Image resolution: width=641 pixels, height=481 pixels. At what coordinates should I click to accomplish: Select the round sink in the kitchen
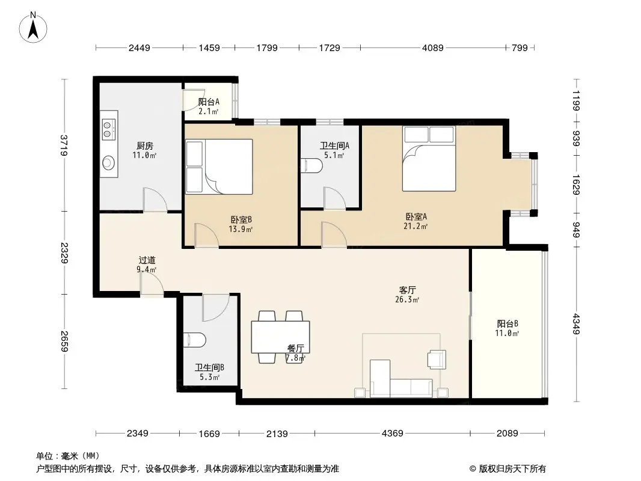tap(109, 162)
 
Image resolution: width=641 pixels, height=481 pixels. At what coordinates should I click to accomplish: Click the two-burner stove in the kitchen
tap(109, 127)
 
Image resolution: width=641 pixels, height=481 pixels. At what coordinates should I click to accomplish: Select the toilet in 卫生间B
tap(195, 340)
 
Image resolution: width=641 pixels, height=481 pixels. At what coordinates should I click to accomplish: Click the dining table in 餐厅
tap(280, 337)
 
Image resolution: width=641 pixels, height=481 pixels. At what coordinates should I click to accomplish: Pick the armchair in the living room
tap(437, 359)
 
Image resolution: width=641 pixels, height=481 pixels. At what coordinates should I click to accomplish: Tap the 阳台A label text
tap(208, 102)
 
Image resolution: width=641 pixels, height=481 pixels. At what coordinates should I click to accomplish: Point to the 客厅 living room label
tap(403, 289)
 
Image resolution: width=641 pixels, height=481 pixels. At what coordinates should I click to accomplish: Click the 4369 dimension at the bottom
tap(391, 433)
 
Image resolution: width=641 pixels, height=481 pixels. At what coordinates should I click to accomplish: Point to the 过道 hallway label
tap(147, 260)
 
